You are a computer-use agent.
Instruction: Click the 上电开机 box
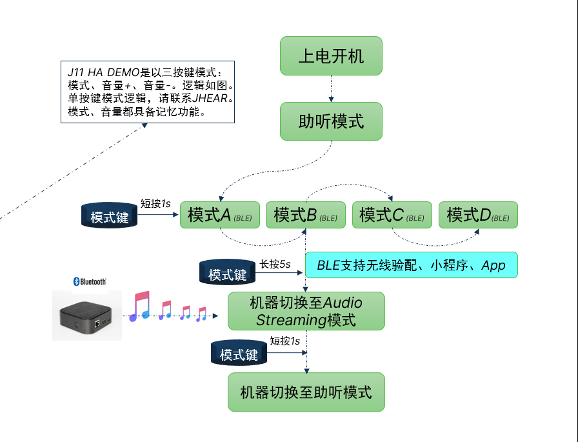coord(331,55)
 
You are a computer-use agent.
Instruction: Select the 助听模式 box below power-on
coord(331,121)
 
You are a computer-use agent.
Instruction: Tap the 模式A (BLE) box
coord(220,215)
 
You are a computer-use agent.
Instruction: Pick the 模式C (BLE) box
coord(392,215)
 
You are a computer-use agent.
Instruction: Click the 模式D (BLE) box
coord(478,215)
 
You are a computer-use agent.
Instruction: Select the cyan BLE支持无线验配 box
coord(411,265)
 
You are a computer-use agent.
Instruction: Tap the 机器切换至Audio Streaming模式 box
coord(306,311)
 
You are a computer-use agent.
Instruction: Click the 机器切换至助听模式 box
coord(306,392)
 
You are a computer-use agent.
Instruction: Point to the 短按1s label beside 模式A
coord(155,203)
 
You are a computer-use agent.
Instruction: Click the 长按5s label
coord(275,264)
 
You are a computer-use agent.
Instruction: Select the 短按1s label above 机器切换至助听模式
coord(284,341)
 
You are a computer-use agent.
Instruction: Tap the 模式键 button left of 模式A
coord(110,216)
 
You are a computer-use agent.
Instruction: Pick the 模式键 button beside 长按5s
coord(227,274)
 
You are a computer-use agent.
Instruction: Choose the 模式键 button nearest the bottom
coord(239,354)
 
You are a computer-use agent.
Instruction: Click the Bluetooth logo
coord(90,281)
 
